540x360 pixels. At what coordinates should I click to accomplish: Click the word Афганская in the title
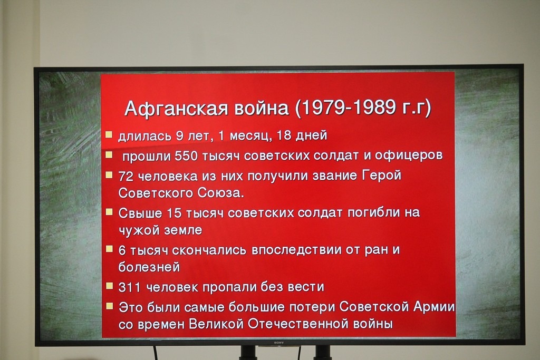pyautogui.click(x=176, y=109)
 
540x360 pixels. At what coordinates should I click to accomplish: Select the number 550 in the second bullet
pyautogui.click(x=186, y=156)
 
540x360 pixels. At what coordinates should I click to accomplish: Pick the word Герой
pyautogui.click(x=382, y=175)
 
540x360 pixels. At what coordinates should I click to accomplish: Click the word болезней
pyautogui.click(x=149, y=267)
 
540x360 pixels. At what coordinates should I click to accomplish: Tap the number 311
pyautogui.click(x=129, y=287)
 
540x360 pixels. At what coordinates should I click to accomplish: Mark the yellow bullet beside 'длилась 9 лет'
pyautogui.click(x=109, y=134)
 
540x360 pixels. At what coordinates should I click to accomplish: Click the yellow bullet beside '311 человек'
pyautogui.click(x=109, y=286)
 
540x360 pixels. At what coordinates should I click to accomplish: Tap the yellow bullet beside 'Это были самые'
pyautogui.click(x=110, y=306)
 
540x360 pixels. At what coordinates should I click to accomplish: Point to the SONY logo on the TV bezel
pyautogui.click(x=278, y=343)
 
